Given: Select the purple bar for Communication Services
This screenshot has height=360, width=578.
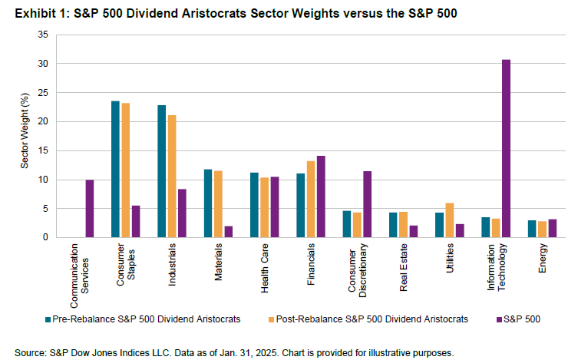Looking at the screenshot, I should point(90,209).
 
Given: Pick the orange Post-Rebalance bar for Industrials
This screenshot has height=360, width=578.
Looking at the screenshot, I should point(172,176).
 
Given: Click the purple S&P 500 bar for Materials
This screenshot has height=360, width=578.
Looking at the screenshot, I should point(229,232).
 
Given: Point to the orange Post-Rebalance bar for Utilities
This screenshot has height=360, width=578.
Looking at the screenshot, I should point(449,220).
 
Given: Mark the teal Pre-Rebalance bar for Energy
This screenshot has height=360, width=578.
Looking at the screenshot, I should point(532,229).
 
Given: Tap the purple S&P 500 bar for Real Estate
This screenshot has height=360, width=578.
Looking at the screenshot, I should point(413,231).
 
